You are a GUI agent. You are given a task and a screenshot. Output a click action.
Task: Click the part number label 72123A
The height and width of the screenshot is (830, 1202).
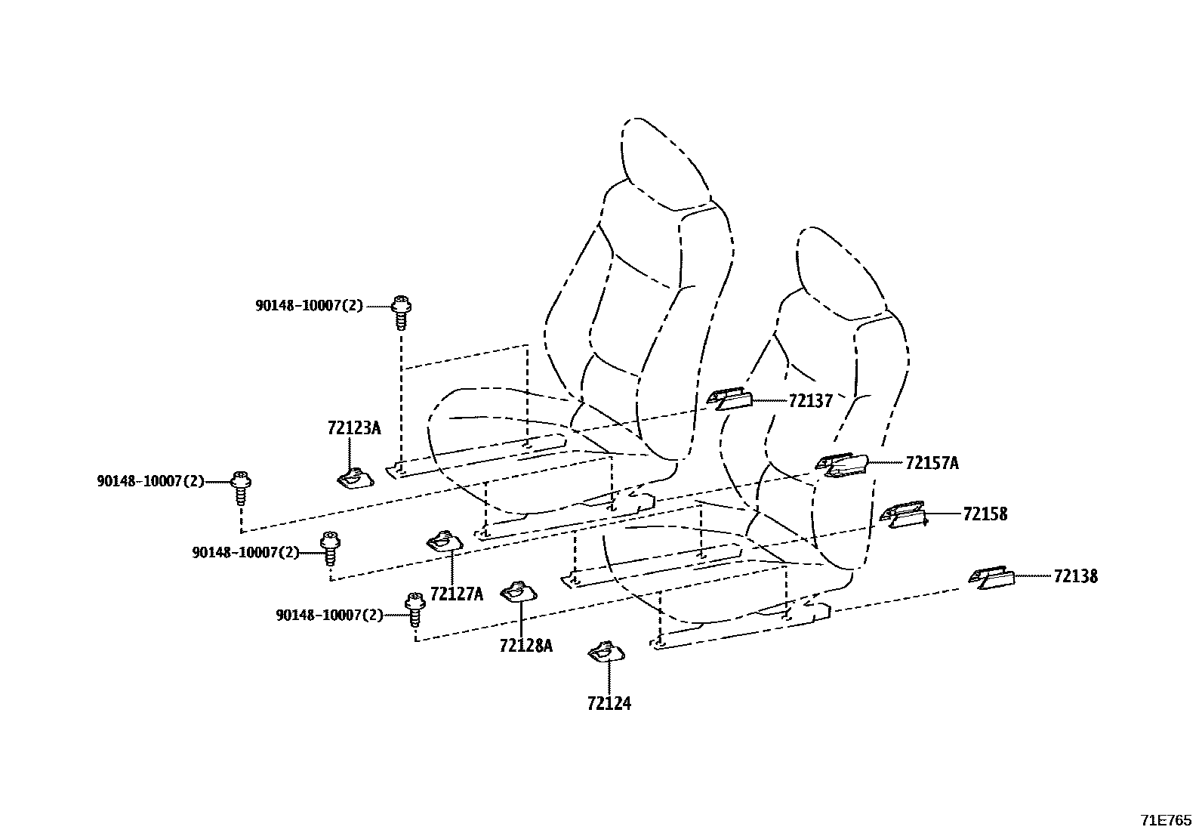point(354,428)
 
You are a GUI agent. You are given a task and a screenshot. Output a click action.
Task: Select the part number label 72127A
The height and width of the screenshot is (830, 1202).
point(457,594)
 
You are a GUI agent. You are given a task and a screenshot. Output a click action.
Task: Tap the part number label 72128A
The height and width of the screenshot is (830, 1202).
point(525,645)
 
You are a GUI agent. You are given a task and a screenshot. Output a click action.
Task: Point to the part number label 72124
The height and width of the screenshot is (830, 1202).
point(609,703)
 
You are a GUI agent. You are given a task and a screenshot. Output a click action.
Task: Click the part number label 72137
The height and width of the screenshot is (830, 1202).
point(810,401)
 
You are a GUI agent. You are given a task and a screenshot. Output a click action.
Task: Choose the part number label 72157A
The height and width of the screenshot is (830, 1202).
point(932,463)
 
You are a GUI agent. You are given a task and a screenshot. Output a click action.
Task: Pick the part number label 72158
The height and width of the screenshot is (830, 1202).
point(985,514)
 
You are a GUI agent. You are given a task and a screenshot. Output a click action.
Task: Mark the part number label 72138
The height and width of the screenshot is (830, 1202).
point(1076,576)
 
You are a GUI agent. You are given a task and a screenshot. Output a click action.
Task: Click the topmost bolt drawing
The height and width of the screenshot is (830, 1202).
point(401,312)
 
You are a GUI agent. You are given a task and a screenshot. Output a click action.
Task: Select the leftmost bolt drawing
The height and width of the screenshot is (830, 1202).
point(241,487)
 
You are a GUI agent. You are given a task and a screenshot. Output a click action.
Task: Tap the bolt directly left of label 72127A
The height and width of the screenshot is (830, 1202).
point(331,548)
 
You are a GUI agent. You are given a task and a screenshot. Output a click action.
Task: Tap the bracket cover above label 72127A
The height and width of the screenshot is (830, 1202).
point(445,542)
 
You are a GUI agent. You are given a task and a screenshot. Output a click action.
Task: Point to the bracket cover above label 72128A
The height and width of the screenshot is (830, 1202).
point(519,591)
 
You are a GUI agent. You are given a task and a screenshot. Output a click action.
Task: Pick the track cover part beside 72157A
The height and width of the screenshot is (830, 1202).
point(841,465)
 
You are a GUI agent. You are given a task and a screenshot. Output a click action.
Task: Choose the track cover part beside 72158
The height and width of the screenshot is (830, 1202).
point(902,515)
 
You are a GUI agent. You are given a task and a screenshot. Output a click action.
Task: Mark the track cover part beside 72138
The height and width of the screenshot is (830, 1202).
point(991,578)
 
